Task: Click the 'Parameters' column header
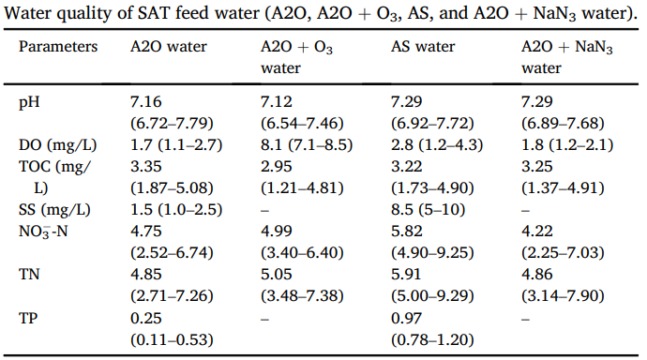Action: coord(58,47)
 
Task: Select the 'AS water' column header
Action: coord(423,47)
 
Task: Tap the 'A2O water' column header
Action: coord(169,47)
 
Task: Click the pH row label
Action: coord(29,102)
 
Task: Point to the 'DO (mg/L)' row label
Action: coord(57,145)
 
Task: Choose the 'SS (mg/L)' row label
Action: coord(54,210)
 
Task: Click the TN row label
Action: coord(29,275)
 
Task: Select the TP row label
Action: coord(28,318)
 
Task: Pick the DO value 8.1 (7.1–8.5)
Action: coord(307,145)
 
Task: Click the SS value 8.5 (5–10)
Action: coord(428,210)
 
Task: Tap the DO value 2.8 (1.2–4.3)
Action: coord(437,145)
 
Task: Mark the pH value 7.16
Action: coord(146,102)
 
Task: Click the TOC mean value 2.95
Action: coord(277,167)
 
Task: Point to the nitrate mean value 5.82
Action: coord(407,232)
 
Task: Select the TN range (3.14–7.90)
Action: coord(563,296)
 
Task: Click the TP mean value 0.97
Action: coord(406,318)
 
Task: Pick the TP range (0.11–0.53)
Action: coord(172,339)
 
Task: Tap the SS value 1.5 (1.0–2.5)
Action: coord(176,210)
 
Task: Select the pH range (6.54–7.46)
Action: coord(302,124)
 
